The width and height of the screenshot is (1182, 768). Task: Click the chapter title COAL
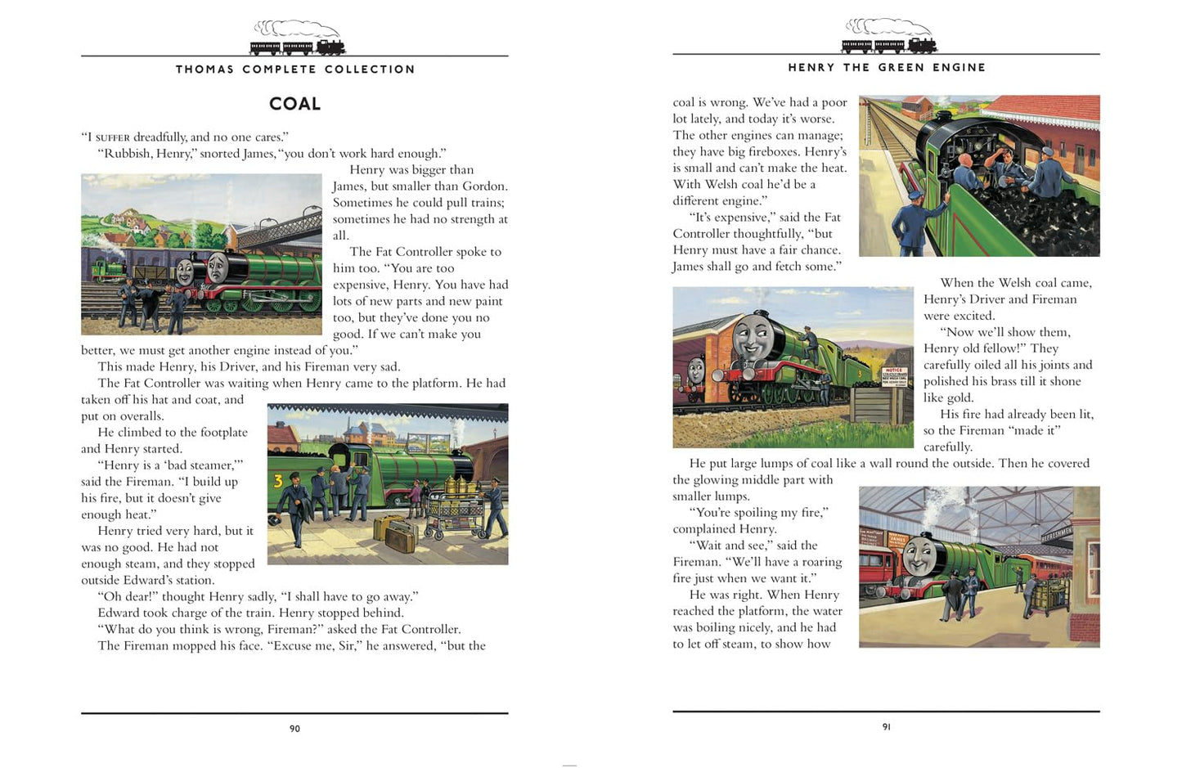click(x=294, y=103)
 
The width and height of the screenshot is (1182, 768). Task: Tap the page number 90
click(x=294, y=729)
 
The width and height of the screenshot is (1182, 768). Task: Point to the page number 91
click(x=887, y=727)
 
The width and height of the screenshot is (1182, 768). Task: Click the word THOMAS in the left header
click(x=204, y=69)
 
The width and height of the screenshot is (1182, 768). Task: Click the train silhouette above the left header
click(x=298, y=38)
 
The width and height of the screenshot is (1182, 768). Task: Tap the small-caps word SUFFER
click(x=112, y=137)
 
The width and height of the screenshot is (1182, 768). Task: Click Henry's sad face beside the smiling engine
click(x=218, y=267)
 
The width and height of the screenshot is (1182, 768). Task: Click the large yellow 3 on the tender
click(x=278, y=481)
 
